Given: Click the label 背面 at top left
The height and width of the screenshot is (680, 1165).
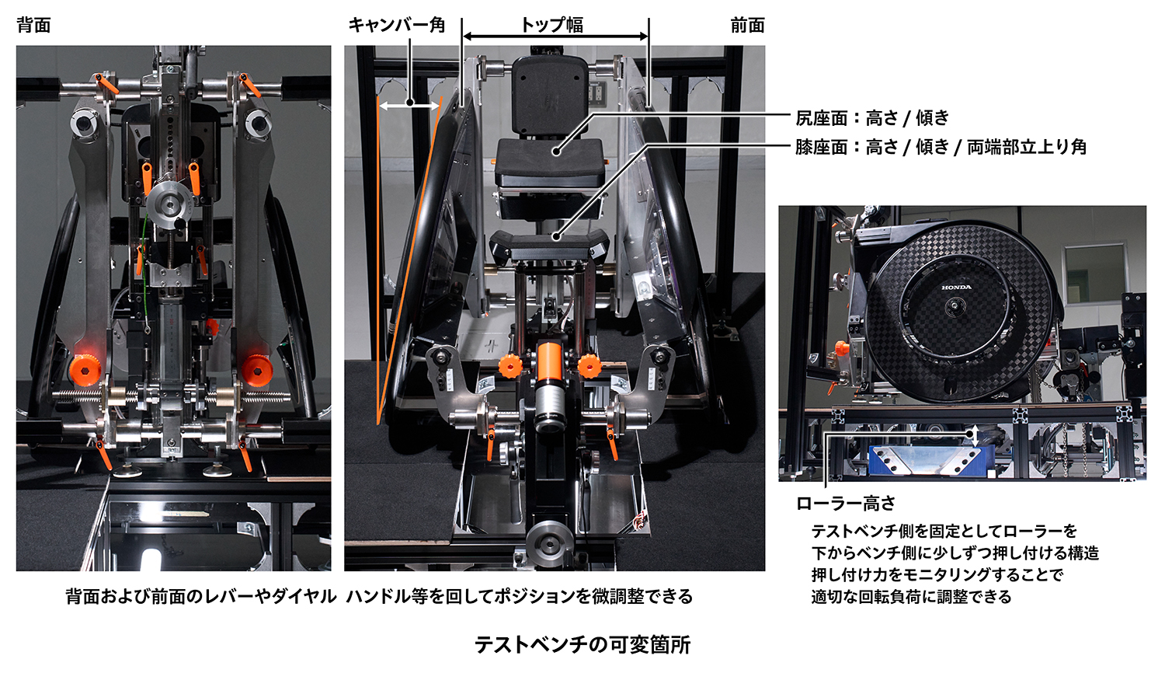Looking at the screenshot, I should click(33, 26).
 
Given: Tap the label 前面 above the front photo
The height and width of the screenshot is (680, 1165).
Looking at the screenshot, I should click(747, 26).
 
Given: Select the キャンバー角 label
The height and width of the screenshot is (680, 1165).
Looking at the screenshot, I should click(396, 26).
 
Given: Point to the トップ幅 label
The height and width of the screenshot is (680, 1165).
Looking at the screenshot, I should click(552, 24).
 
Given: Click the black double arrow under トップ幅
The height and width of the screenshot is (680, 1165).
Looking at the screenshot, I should click(555, 37).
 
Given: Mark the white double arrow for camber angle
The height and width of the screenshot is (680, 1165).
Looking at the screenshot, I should click(409, 105).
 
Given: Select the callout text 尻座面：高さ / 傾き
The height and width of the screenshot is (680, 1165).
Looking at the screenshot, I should click(872, 118).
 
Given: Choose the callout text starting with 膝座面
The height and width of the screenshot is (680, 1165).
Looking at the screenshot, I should click(941, 147).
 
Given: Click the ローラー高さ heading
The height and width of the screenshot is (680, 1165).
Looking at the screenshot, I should click(846, 504).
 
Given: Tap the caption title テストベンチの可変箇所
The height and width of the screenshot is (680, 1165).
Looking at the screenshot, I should click(582, 645).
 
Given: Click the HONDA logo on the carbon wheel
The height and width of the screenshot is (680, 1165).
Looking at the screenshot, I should click(956, 288).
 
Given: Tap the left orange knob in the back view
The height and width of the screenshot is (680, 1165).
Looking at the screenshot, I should click(83, 369).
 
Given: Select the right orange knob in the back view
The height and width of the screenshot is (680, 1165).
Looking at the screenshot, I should click(256, 369).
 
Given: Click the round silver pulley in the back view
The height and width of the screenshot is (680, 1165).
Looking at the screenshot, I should click(169, 204).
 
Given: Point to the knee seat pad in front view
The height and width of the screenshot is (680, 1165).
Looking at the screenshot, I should click(548, 244).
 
